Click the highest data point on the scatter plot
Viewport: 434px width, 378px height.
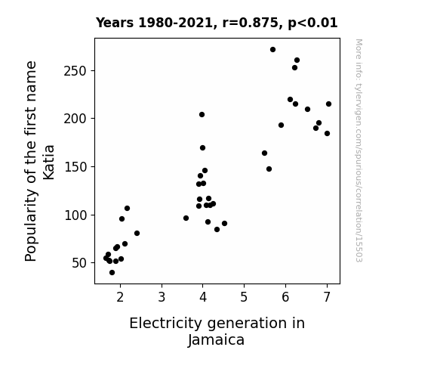(272, 50)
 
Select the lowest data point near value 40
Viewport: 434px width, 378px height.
(112, 273)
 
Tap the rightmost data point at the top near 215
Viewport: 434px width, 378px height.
(328, 104)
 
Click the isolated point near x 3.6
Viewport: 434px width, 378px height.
(186, 218)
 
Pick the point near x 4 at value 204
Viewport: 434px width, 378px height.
(202, 115)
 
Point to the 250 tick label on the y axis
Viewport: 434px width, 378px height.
(75, 71)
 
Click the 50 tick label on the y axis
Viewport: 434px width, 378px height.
(79, 263)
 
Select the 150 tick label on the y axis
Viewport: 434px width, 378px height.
(75, 167)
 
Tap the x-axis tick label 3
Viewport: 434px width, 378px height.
(162, 297)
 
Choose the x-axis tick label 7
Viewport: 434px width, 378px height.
(327, 297)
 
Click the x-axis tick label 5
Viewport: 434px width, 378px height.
(244, 297)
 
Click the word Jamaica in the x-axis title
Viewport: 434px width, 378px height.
(216, 340)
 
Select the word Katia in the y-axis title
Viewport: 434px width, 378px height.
(49, 163)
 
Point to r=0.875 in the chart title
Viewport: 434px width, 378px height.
(251, 23)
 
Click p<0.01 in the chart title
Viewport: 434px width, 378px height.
(312, 23)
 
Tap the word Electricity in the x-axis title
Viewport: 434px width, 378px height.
(166, 323)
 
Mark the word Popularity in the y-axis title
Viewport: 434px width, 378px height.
(30, 225)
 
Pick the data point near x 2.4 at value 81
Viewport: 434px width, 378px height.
(137, 234)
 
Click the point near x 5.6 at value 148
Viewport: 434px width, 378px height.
(269, 169)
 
